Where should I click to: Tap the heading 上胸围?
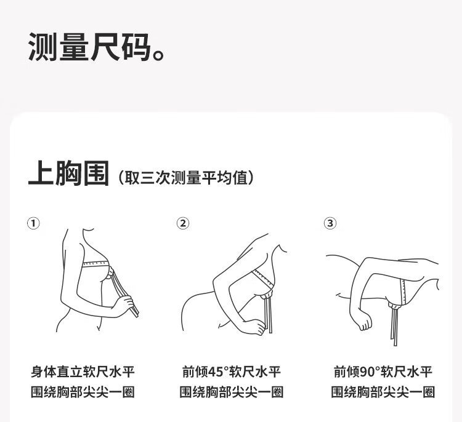click(x=68, y=173)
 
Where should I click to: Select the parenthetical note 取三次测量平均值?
click(x=186, y=177)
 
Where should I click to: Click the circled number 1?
click(x=33, y=223)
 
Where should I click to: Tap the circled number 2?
click(x=183, y=223)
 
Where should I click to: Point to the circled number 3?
click(x=330, y=223)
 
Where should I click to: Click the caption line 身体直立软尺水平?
click(x=83, y=372)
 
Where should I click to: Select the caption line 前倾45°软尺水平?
click(x=231, y=372)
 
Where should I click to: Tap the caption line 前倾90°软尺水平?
click(x=383, y=372)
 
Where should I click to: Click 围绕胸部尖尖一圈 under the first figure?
click(x=83, y=392)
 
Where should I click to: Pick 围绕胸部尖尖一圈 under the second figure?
click(x=231, y=392)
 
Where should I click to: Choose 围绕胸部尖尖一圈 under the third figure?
click(x=383, y=392)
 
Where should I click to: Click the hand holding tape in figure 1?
click(x=124, y=306)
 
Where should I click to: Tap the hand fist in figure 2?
click(x=254, y=326)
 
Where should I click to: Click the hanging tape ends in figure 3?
click(x=394, y=327)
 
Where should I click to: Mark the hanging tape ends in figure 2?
click(x=269, y=315)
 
